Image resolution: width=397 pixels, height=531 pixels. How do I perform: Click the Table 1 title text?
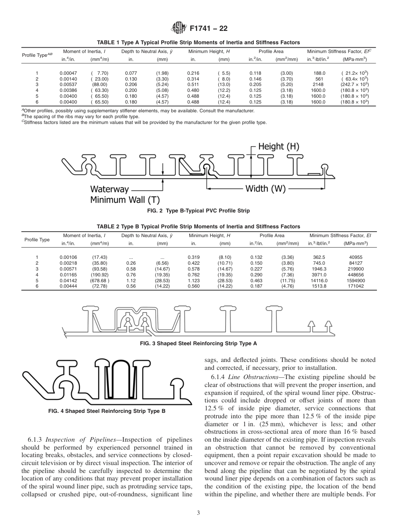coord(198,43)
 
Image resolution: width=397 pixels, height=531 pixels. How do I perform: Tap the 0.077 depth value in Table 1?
coord(131,73)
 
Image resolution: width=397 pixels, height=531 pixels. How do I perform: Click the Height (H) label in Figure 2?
coord(278,147)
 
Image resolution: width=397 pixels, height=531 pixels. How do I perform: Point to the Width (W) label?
coord(265,188)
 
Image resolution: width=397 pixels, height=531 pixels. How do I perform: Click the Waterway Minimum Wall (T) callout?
coord(125,195)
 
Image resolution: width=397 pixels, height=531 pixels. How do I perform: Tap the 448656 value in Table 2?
coord(355,275)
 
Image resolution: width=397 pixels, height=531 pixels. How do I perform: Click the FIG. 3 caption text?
coord(198,344)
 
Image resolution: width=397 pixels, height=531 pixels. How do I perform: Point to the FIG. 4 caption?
coord(107,411)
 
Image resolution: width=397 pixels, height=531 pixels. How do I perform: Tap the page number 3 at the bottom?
coord(198,513)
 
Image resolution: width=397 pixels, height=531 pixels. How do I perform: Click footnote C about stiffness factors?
coord(144,122)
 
